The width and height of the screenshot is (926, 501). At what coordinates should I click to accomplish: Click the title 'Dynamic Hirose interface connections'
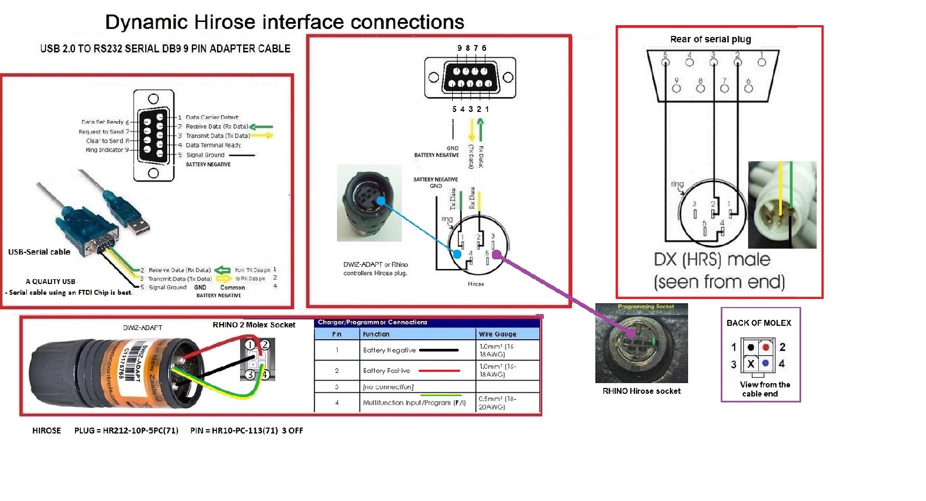[x=285, y=22]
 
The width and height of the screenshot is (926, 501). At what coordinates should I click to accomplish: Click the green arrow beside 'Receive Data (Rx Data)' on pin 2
[x=262, y=127]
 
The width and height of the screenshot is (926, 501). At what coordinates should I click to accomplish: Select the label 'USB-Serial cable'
[x=39, y=252]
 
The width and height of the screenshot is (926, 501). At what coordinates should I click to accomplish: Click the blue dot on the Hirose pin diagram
[x=457, y=254]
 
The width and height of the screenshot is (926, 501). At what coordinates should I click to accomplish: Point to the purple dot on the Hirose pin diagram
[x=496, y=254]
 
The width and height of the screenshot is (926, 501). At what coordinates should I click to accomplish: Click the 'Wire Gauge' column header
[x=497, y=334]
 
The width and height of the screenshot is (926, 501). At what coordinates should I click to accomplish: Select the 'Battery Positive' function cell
[x=386, y=370]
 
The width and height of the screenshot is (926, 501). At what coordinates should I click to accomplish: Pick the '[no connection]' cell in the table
[x=388, y=387]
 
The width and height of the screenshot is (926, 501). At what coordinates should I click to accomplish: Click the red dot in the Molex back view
[x=765, y=347]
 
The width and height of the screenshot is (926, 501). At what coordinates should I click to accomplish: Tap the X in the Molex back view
[x=751, y=364]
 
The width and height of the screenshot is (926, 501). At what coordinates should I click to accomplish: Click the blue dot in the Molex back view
[x=765, y=363]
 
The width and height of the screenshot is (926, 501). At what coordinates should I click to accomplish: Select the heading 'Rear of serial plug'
[x=710, y=39]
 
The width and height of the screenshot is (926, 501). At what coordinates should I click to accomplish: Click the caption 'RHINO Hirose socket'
[x=641, y=391]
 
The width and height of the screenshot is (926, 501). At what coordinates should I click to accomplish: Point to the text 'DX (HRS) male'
[x=712, y=260]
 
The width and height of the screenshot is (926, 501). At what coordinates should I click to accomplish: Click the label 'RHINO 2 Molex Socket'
[x=253, y=325]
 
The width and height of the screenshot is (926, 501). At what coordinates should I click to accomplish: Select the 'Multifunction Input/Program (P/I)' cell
[x=414, y=402]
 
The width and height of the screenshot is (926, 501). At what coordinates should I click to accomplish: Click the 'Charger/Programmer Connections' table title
[x=372, y=322]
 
